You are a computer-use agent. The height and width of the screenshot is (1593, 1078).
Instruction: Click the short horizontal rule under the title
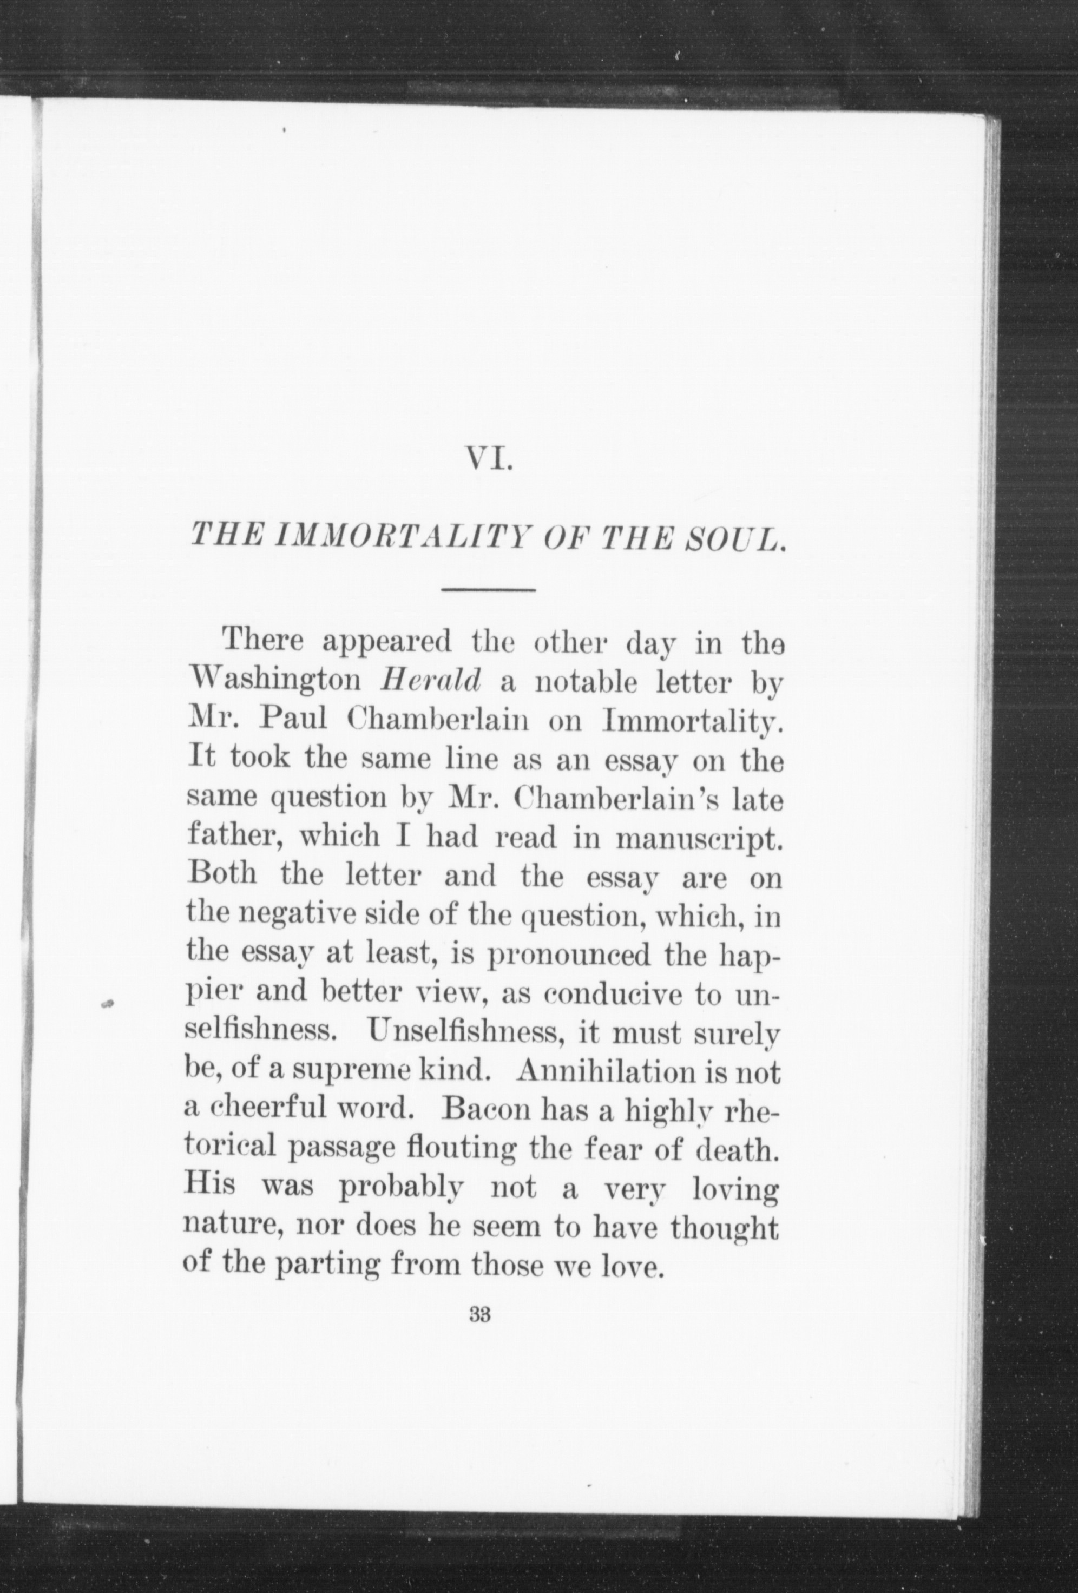coord(488,589)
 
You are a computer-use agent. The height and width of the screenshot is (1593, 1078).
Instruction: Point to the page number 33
coord(479,1315)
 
